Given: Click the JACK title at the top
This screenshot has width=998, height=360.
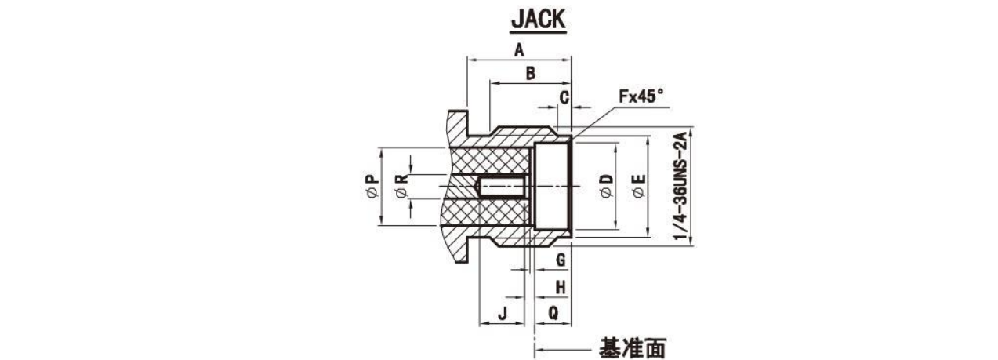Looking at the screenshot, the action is pyautogui.click(x=539, y=19).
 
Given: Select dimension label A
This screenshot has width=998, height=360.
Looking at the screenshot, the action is pyautogui.click(x=519, y=50).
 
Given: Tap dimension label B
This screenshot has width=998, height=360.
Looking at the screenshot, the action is pyautogui.click(x=530, y=74).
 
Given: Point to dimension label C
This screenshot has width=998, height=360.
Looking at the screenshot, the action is pyautogui.click(x=564, y=97).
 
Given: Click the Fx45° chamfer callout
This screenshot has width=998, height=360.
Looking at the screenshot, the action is pyautogui.click(x=641, y=96).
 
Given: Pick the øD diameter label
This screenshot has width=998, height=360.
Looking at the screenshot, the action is pyautogui.click(x=606, y=186).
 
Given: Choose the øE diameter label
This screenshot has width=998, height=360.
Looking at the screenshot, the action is pyautogui.click(x=638, y=186).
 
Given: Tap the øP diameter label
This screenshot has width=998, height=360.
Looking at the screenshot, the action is pyautogui.click(x=372, y=186).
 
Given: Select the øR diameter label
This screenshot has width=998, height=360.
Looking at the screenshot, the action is pyautogui.click(x=401, y=186).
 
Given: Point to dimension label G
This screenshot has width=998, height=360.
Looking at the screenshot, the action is pyautogui.click(x=561, y=259).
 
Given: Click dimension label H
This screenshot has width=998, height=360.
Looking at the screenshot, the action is pyautogui.click(x=561, y=287).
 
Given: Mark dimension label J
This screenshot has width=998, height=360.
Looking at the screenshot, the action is pyautogui.click(x=503, y=314).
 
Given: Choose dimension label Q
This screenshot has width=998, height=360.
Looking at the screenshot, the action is pyautogui.click(x=553, y=313).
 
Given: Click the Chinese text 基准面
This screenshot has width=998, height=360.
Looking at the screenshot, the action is pyautogui.click(x=632, y=348).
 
